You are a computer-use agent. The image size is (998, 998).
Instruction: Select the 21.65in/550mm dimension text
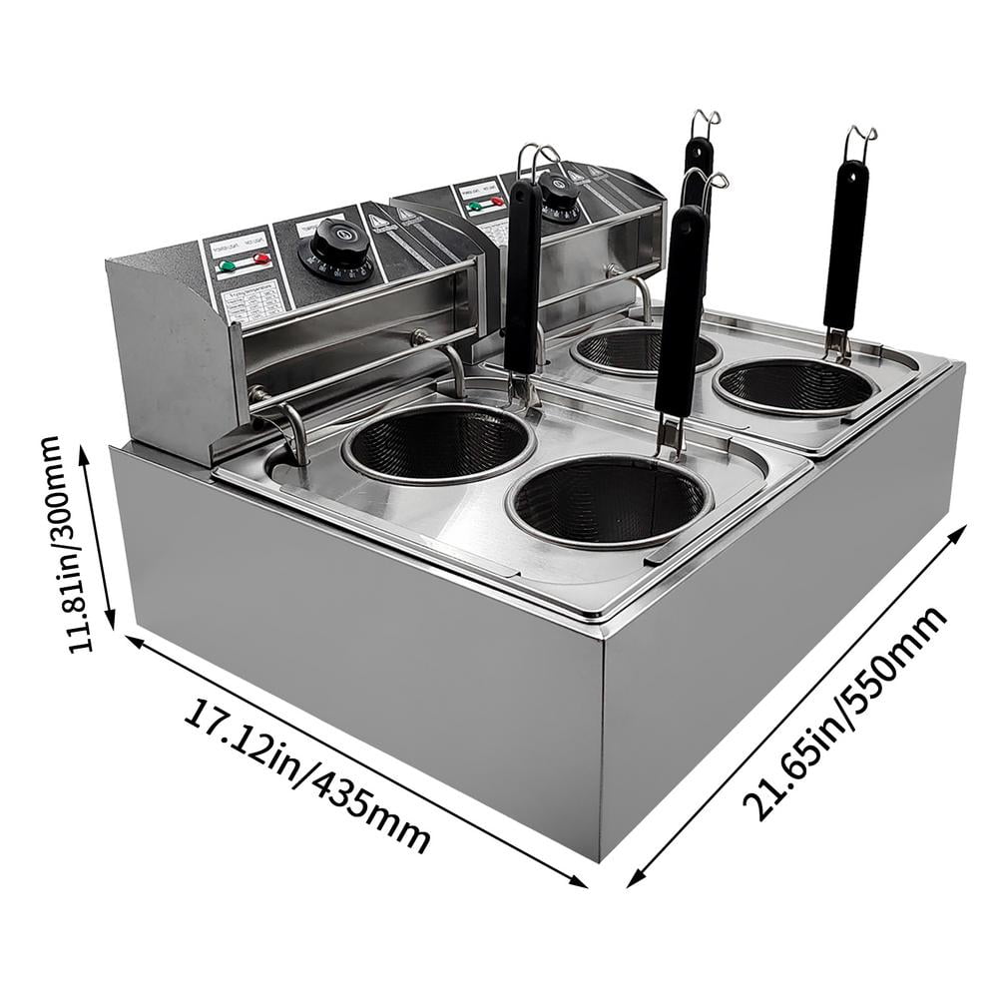click(848, 714)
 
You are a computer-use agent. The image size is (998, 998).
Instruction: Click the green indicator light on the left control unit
click(228, 265)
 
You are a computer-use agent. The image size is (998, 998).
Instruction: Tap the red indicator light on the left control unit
click(261, 258)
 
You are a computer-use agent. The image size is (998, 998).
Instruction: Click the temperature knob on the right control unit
click(559, 196)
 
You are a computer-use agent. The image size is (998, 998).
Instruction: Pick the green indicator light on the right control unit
click(475, 207)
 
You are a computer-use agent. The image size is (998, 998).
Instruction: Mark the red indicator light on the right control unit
click(498, 201)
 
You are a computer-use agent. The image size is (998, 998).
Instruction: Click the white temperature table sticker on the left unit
click(247, 297)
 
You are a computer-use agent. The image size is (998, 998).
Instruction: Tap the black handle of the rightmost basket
click(845, 245)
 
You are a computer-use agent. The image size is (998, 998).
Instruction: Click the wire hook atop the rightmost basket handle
click(859, 143)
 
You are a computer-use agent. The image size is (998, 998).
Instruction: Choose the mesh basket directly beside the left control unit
click(439, 443)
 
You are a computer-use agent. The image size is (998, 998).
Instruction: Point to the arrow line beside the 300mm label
click(100, 534)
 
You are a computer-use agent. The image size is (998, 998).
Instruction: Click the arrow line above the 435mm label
click(354, 758)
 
